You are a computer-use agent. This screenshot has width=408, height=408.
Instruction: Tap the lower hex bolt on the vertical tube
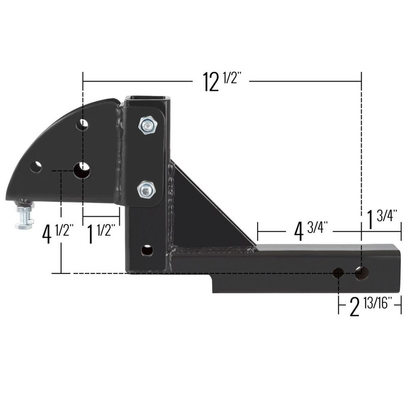(x=146, y=190)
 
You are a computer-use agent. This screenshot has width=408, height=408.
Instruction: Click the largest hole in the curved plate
(x=82, y=171)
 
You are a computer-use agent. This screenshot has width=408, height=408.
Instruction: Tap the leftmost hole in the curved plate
(x=36, y=167)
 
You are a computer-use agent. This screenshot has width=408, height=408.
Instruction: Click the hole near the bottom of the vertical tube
(x=147, y=250)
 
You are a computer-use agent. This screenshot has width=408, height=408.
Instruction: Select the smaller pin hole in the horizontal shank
(x=338, y=273)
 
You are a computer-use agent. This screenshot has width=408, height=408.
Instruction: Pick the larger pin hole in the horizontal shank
(x=362, y=272)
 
